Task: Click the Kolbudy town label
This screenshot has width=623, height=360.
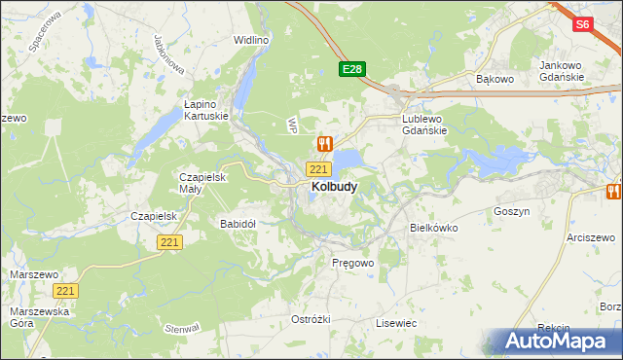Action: [333, 187]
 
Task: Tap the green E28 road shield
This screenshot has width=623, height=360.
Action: [352, 69]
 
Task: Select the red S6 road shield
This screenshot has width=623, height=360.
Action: [582, 25]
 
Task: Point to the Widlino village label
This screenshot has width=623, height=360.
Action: [250, 41]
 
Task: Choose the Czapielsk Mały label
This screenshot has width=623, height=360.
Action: [202, 183]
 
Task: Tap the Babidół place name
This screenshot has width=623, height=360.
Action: [238, 224]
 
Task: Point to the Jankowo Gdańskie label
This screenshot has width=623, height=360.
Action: [561, 71]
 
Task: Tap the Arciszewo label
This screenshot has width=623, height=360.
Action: [592, 237]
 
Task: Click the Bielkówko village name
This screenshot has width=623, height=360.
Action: [433, 228]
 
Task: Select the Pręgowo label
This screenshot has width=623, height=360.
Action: [352, 264]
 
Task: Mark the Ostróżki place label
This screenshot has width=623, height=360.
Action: [311, 320]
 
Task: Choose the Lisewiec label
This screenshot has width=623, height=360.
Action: [396, 322]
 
